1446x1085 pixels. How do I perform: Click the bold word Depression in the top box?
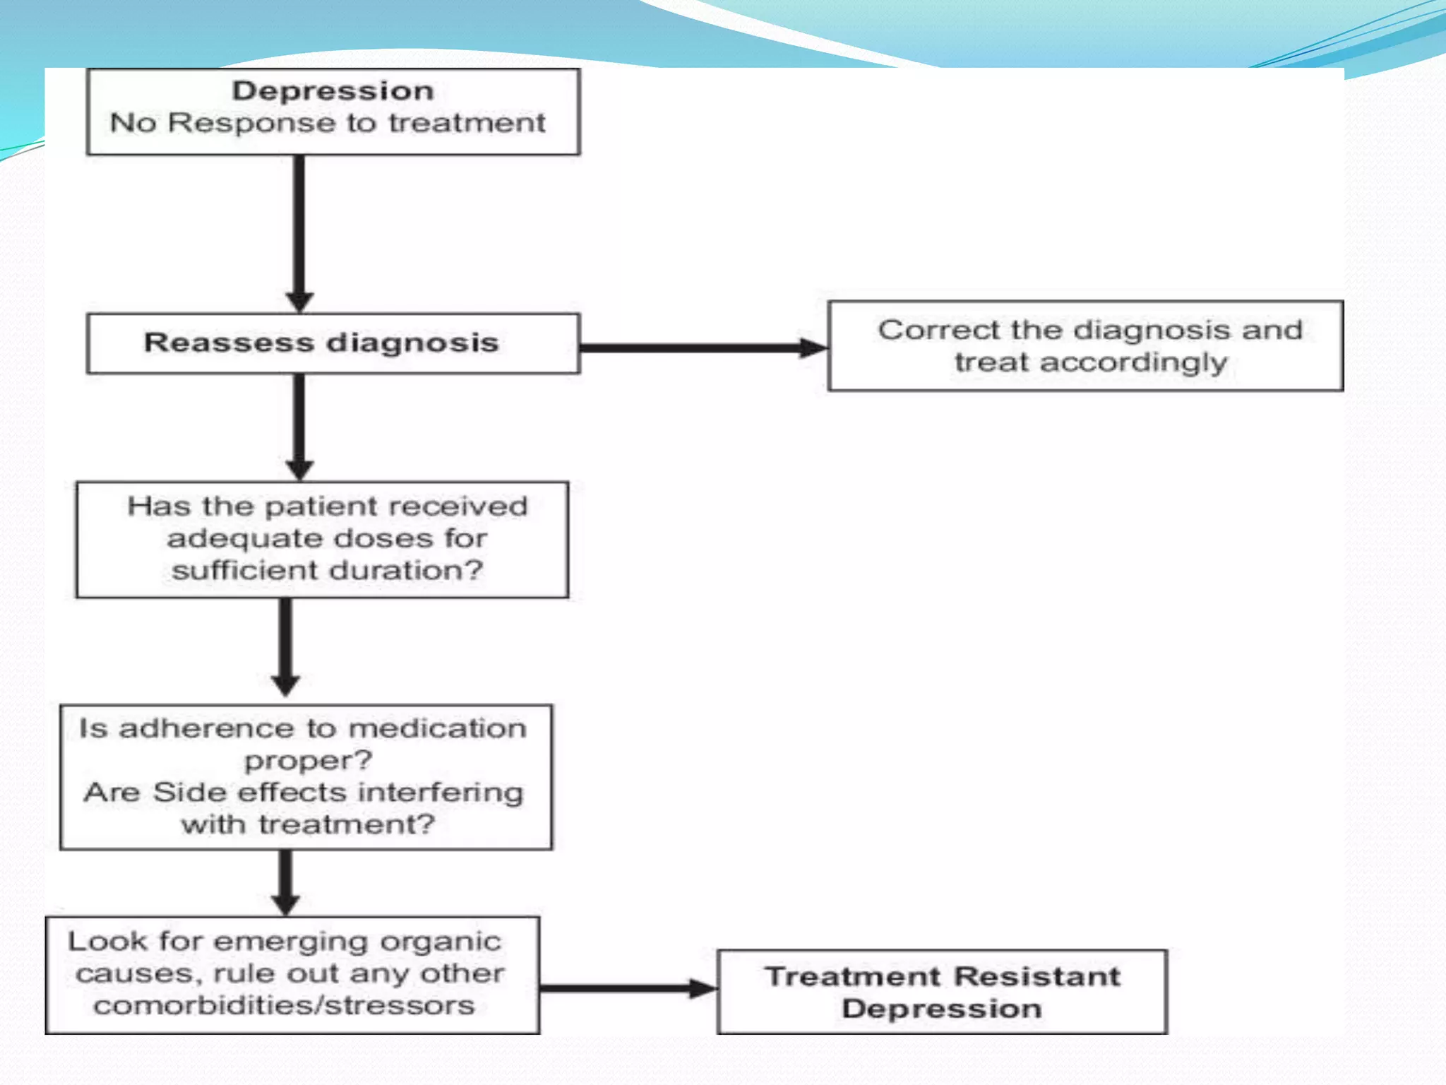333,91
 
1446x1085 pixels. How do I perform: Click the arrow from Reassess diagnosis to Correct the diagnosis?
703,348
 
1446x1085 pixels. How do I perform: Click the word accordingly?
1134,362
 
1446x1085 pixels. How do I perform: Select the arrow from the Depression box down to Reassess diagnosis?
299,233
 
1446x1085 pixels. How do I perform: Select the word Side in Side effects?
189,792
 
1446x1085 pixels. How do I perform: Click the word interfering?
441,792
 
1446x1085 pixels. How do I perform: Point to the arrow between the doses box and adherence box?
285,646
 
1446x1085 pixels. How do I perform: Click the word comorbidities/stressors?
284,1005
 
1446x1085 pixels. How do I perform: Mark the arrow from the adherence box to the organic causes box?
285,882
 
